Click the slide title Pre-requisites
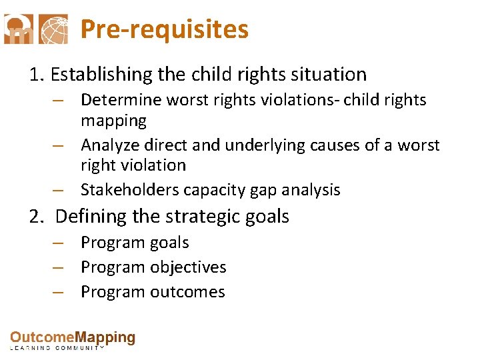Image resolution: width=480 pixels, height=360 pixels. point(164,30)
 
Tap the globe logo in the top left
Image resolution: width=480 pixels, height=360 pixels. point(53,29)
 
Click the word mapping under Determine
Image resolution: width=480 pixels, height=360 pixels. point(113,121)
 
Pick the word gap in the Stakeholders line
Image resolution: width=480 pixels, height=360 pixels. point(263,191)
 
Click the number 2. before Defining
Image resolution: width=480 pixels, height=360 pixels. point(37,217)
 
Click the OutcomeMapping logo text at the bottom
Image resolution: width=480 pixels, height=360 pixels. point(72,338)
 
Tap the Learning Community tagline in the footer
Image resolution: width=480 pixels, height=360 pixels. point(57,348)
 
